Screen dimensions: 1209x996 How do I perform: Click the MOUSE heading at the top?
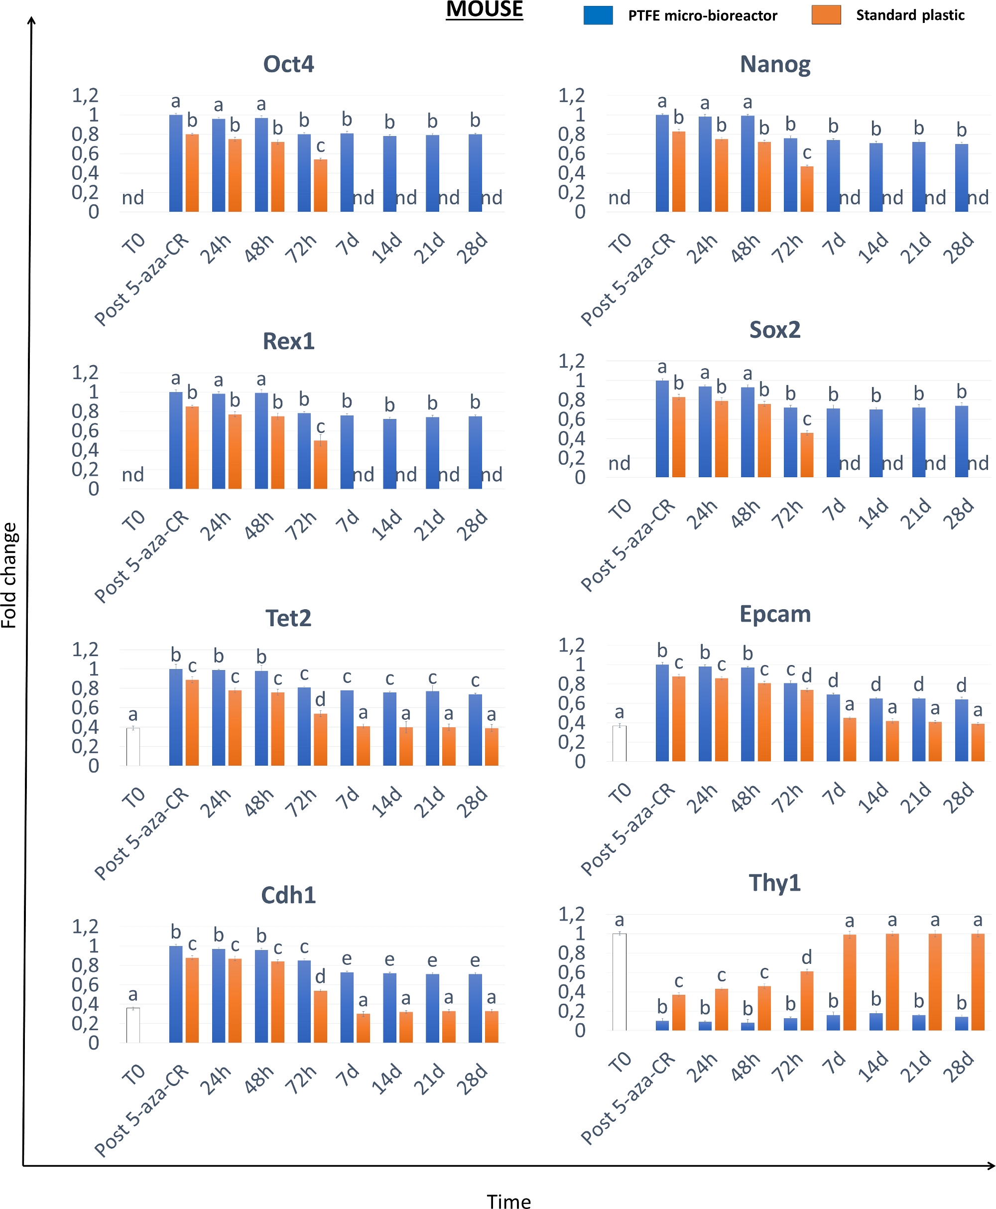(x=484, y=10)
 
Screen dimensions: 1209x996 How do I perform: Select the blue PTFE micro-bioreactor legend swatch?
(x=598, y=15)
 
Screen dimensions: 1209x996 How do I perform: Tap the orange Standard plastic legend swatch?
(x=826, y=15)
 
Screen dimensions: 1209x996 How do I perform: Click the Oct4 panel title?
(x=288, y=64)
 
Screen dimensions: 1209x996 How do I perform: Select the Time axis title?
(x=508, y=1197)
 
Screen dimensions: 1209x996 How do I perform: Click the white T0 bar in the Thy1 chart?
(x=619, y=982)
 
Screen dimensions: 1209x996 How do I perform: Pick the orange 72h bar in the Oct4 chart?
(x=321, y=185)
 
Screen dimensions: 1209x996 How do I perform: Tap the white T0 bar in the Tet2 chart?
(x=133, y=747)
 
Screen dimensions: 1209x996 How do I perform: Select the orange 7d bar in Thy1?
(x=850, y=982)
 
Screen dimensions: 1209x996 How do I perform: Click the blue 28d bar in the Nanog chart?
(x=962, y=178)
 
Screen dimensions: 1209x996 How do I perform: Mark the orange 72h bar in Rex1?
(x=321, y=464)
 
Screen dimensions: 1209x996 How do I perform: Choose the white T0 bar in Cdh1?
(x=133, y=1025)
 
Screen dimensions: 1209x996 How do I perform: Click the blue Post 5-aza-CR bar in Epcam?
(x=662, y=713)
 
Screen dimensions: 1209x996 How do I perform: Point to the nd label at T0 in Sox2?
(x=619, y=463)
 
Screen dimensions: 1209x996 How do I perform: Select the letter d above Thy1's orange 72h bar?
(x=807, y=956)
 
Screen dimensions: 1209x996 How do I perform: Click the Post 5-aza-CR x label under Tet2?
(x=142, y=833)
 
